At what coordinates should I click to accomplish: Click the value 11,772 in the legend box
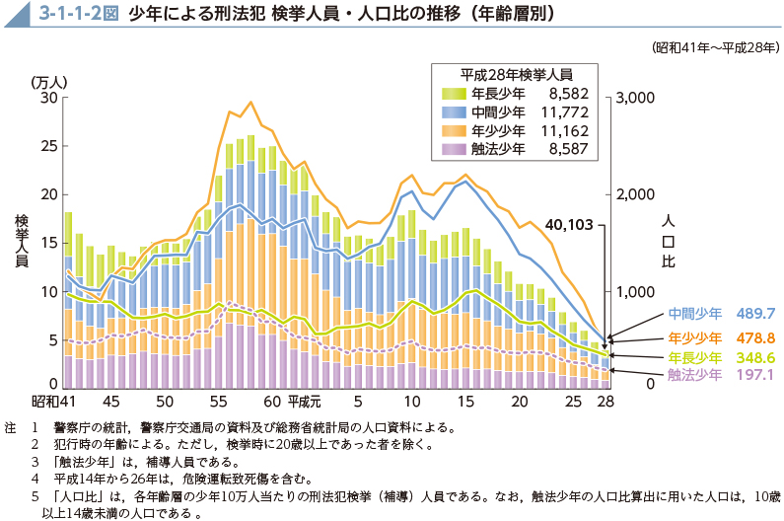(563, 112)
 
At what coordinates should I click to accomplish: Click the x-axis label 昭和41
(54, 403)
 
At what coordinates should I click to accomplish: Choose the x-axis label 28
(605, 403)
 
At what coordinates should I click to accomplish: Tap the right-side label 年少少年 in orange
(694, 335)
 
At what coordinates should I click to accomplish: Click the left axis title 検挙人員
(21, 241)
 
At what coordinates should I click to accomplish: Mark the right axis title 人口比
(668, 240)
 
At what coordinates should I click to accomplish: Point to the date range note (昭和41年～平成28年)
(716, 46)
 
